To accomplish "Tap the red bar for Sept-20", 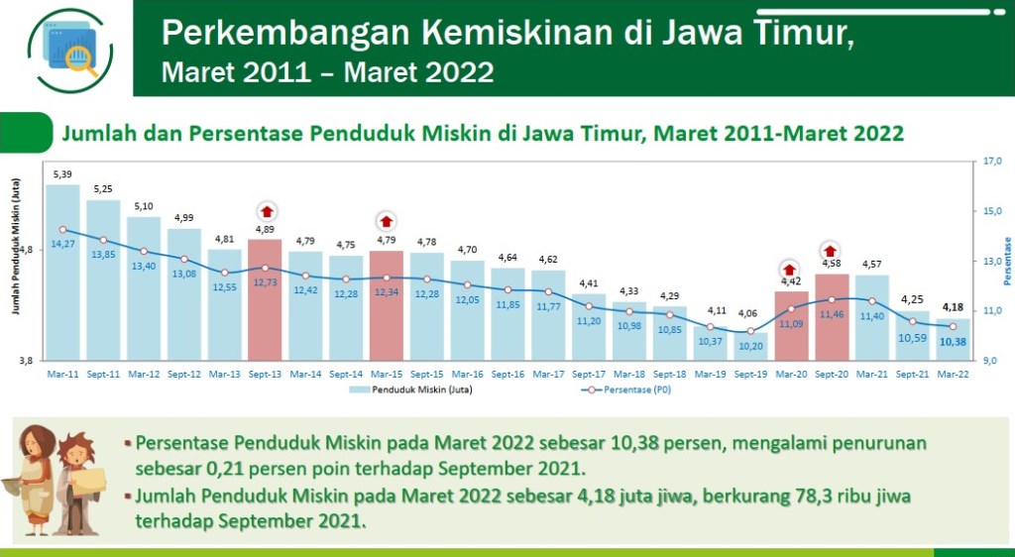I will click(x=832, y=317).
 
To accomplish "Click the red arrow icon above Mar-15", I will click(x=387, y=221).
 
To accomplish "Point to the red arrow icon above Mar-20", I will click(x=790, y=269).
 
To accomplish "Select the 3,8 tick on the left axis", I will click(x=26, y=361).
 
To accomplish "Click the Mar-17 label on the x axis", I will click(x=548, y=374).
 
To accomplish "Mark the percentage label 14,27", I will click(x=63, y=244).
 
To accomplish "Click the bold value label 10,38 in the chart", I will click(x=954, y=342).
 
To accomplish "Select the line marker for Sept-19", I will click(x=751, y=331).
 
